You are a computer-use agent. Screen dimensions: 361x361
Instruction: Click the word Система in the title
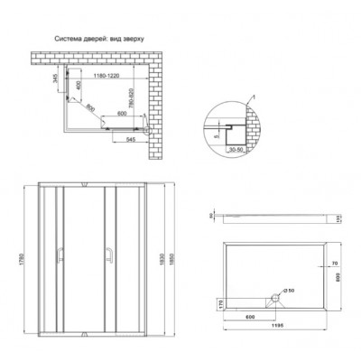[x=70, y=38]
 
